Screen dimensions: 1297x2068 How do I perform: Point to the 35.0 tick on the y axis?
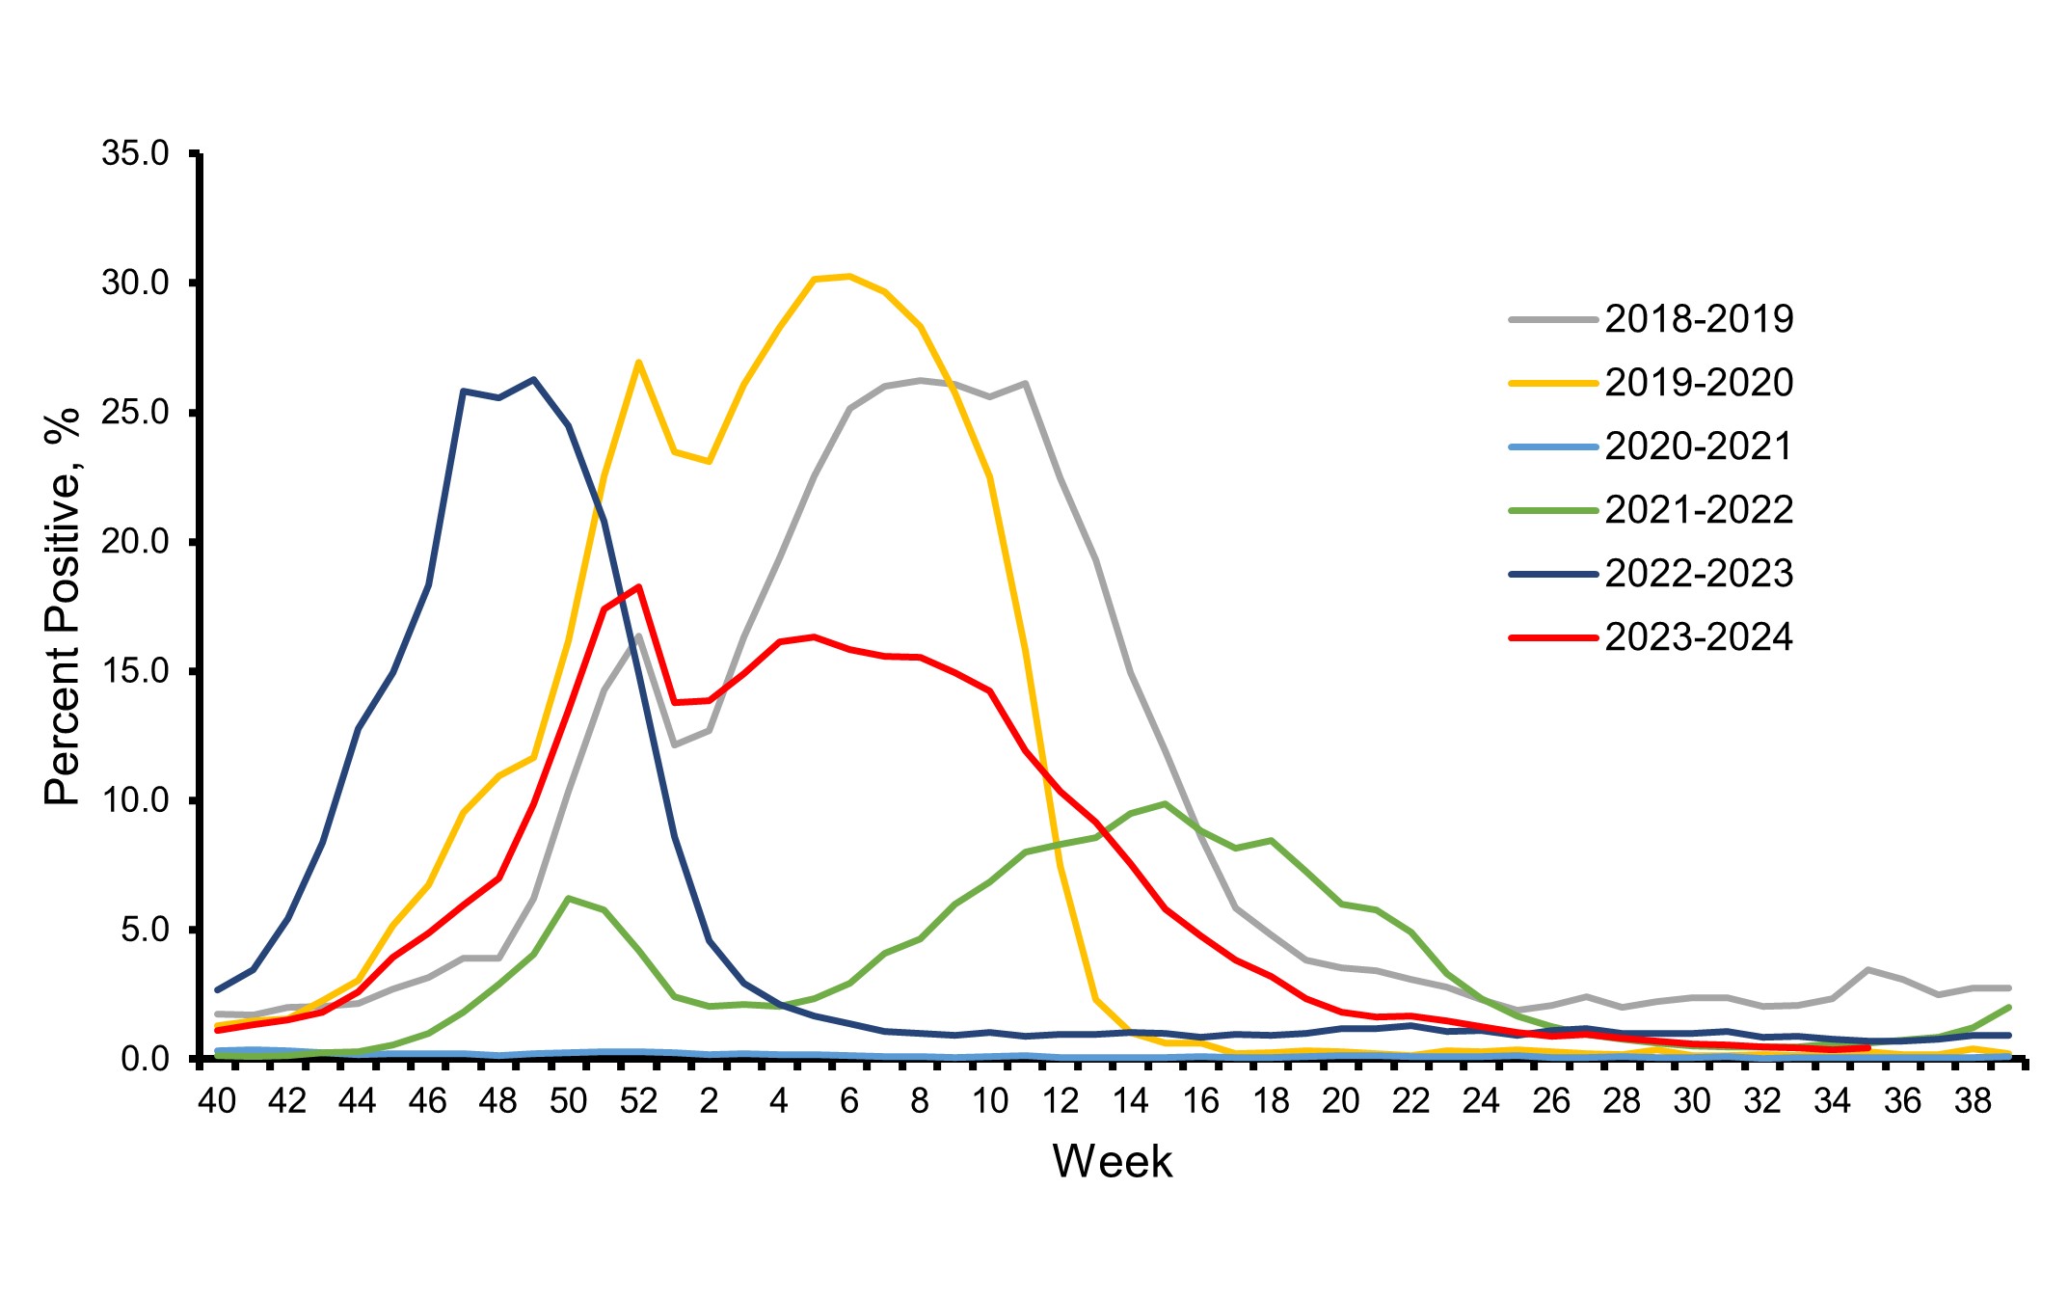[x=135, y=153]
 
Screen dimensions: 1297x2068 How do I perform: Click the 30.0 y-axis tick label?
[x=135, y=284]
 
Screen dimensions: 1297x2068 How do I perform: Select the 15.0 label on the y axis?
[x=135, y=671]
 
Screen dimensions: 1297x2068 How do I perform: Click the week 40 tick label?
[x=217, y=1101]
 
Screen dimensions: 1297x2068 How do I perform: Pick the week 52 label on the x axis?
[x=638, y=1101]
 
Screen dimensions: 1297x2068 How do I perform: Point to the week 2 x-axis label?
[x=709, y=1101]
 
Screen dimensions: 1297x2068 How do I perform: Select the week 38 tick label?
[x=1973, y=1101]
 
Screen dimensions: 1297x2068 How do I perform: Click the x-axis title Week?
[x=1112, y=1162]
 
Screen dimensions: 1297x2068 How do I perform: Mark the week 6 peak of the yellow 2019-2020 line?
[x=848, y=277]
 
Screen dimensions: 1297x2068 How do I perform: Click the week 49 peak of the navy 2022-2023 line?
[x=533, y=379]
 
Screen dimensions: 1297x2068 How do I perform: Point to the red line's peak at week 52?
[x=638, y=586]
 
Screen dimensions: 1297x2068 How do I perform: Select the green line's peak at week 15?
[x=1165, y=803]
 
